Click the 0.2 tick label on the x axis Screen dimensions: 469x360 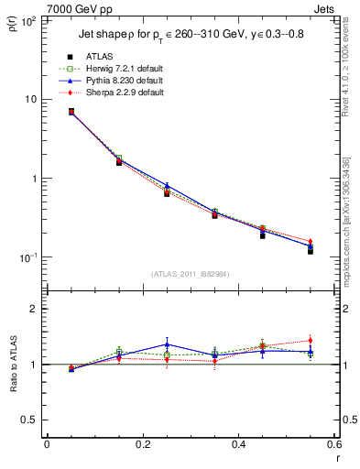click(x=142, y=445)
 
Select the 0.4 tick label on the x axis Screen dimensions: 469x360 click(x=238, y=445)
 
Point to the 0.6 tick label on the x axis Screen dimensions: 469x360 click(x=333, y=445)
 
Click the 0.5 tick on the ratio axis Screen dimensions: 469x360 click(x=31, y=420)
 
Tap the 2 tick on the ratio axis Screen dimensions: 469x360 click(x=35, y=309)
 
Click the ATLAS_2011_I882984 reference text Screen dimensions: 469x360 click(x=190, y=273)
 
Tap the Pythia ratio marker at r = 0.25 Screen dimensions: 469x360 click(x=167, y=344)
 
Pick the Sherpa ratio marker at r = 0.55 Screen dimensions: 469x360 click(x=311, y=341)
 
